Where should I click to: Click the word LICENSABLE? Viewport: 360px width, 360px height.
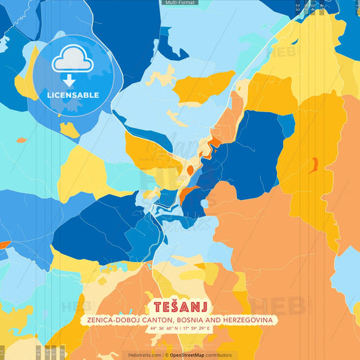click(x=72, y=95)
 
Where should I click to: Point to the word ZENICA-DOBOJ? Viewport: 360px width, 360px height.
click(x=111, y=319)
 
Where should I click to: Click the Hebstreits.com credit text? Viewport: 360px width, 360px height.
click(x=145, y=355)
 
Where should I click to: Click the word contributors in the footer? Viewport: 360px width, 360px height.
click(x=219, y=355)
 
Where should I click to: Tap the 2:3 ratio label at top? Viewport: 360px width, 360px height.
click(x=298, y=6)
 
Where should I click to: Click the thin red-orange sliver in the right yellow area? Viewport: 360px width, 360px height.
click(x=313, y=165)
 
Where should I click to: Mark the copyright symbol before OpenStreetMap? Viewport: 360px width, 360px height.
click(x=166, y=355)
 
